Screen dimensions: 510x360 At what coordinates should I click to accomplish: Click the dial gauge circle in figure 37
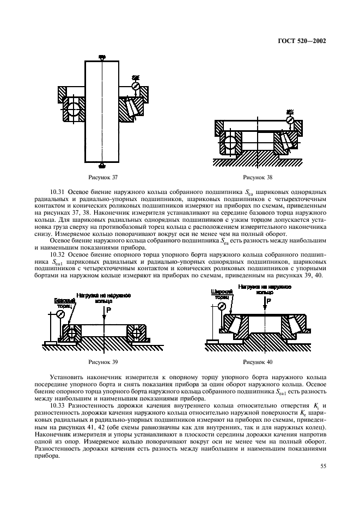136,86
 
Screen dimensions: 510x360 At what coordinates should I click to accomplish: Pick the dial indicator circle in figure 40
222,306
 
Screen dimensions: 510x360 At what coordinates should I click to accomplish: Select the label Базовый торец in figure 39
64,303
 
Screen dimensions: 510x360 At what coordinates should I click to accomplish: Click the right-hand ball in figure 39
134,332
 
